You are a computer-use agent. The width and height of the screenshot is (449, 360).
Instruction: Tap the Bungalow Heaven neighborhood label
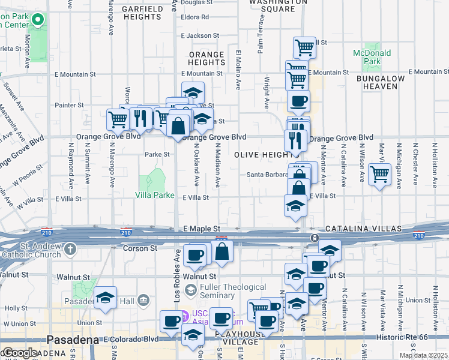point(385,82)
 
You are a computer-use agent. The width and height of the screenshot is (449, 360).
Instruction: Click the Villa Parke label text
point(154,195)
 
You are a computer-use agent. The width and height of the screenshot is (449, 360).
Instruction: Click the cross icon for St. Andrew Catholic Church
point(71,249)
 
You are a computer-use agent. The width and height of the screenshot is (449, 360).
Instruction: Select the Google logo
point(20,353)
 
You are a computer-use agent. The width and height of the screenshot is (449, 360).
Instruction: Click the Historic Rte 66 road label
point(411,338)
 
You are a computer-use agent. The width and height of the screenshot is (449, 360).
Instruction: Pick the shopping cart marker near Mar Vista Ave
point(379,175)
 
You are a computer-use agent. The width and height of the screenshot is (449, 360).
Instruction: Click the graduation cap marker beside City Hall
point(105,298)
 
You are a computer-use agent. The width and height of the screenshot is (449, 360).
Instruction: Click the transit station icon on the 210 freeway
point(314,238)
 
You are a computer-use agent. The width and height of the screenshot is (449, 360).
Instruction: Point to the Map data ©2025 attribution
point(423,355)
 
